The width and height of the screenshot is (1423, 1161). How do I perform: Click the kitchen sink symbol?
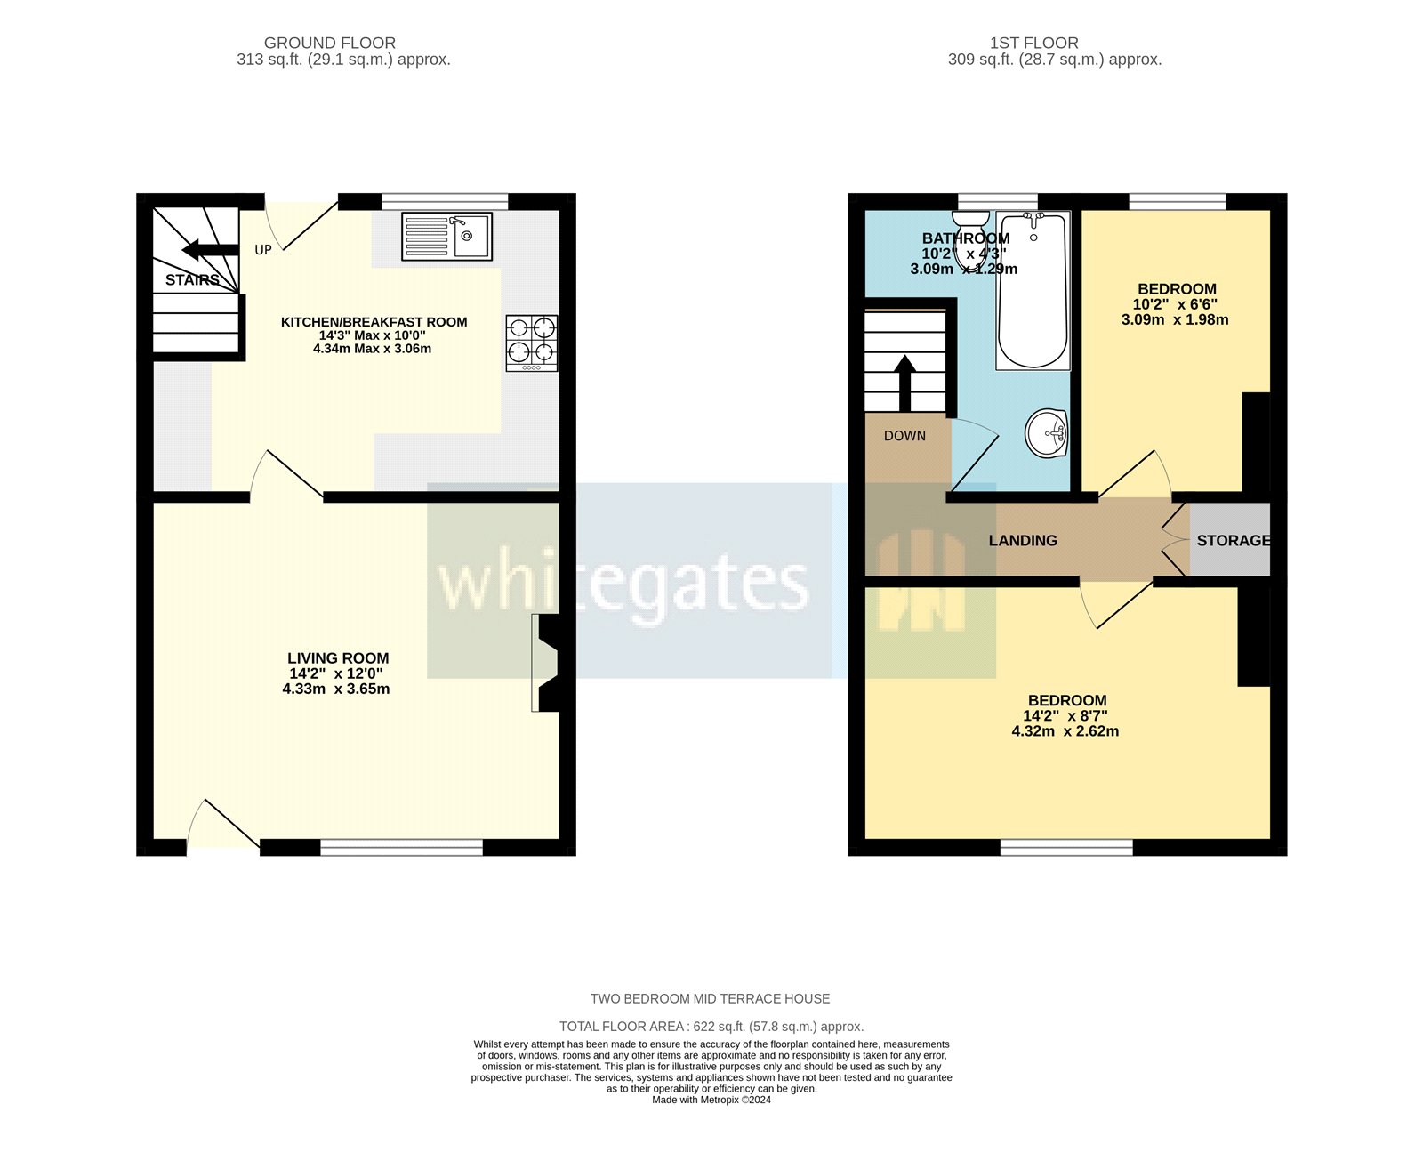coord(446,236)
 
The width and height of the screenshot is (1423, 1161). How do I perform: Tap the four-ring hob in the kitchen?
coord(532,343)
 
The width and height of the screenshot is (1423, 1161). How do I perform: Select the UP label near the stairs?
coord(263,250)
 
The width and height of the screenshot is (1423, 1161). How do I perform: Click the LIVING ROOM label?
coord(338,658)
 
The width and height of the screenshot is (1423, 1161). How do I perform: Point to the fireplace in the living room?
coord(546,663)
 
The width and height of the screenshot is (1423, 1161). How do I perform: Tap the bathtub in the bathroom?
coord(1033,291)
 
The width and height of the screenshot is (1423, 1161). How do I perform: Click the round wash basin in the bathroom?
coord(1047,433)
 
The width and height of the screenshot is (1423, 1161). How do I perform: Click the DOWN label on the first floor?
coord(904,436)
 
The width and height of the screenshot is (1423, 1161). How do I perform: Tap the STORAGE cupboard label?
coord(1233,540)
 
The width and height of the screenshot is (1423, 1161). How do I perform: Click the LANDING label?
coord(1023,540)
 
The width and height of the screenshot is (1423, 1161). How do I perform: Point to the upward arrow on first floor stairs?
coord(905,381)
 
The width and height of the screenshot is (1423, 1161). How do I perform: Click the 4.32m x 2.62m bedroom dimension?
coord(1065,731)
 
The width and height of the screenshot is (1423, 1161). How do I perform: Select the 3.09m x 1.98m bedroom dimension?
coord(1175,319)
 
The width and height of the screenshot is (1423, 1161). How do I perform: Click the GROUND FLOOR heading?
coord(330,43)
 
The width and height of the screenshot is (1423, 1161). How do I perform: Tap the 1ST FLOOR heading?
coord(1034,43)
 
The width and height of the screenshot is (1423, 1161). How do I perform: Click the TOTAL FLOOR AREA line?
coord(711,1026)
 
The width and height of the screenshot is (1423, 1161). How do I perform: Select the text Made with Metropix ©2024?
coord(711,1100)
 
